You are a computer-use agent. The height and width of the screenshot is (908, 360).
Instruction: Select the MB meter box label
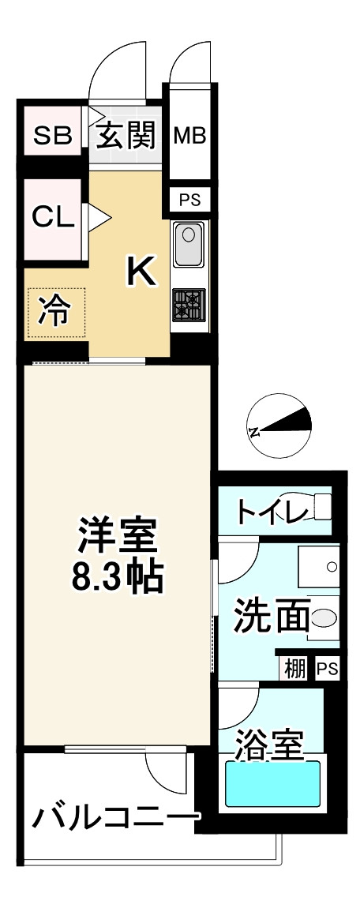(189, 136)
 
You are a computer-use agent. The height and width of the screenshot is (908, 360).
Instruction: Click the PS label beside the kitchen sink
(189, 201)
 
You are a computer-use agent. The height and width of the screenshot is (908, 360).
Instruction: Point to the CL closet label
(52, 216)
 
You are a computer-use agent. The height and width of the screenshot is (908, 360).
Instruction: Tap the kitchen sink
(189, 245)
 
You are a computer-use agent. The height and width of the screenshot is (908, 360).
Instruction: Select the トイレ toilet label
(272, 513)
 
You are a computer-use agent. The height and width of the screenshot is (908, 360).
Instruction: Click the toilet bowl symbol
(322, 507)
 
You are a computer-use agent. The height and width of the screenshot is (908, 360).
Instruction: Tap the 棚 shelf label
(294, 669)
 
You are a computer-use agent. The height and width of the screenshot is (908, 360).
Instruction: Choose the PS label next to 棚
(327, 669)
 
